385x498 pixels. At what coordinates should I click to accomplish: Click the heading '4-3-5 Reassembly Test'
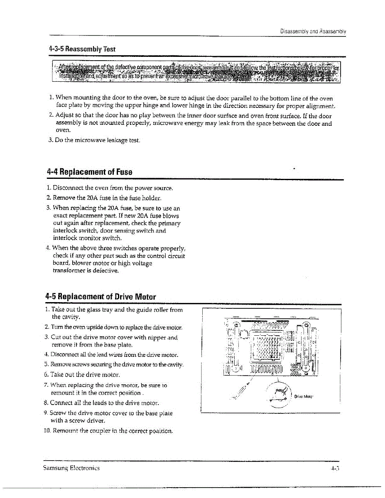pyautogui.click(x=82, y=49)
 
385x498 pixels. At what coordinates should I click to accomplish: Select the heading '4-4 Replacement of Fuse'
pyautogui.click(x=90, y=172)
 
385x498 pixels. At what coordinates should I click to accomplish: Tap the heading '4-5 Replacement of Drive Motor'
pyautogui.click(x=101, y=297)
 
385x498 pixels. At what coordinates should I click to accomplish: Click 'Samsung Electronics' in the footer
pyautogui.click(x=71, y=468)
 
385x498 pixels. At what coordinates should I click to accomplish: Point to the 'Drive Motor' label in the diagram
pyautogui.click(x=304, y=396)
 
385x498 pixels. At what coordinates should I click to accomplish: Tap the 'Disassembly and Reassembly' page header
pyautogui.click(x=313, y=31)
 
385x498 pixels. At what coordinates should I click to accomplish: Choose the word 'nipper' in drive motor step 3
pyautogui.click(x=156, y=337)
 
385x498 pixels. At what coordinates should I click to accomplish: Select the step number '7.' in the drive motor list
pyautogui.click(x=47, y=385)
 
